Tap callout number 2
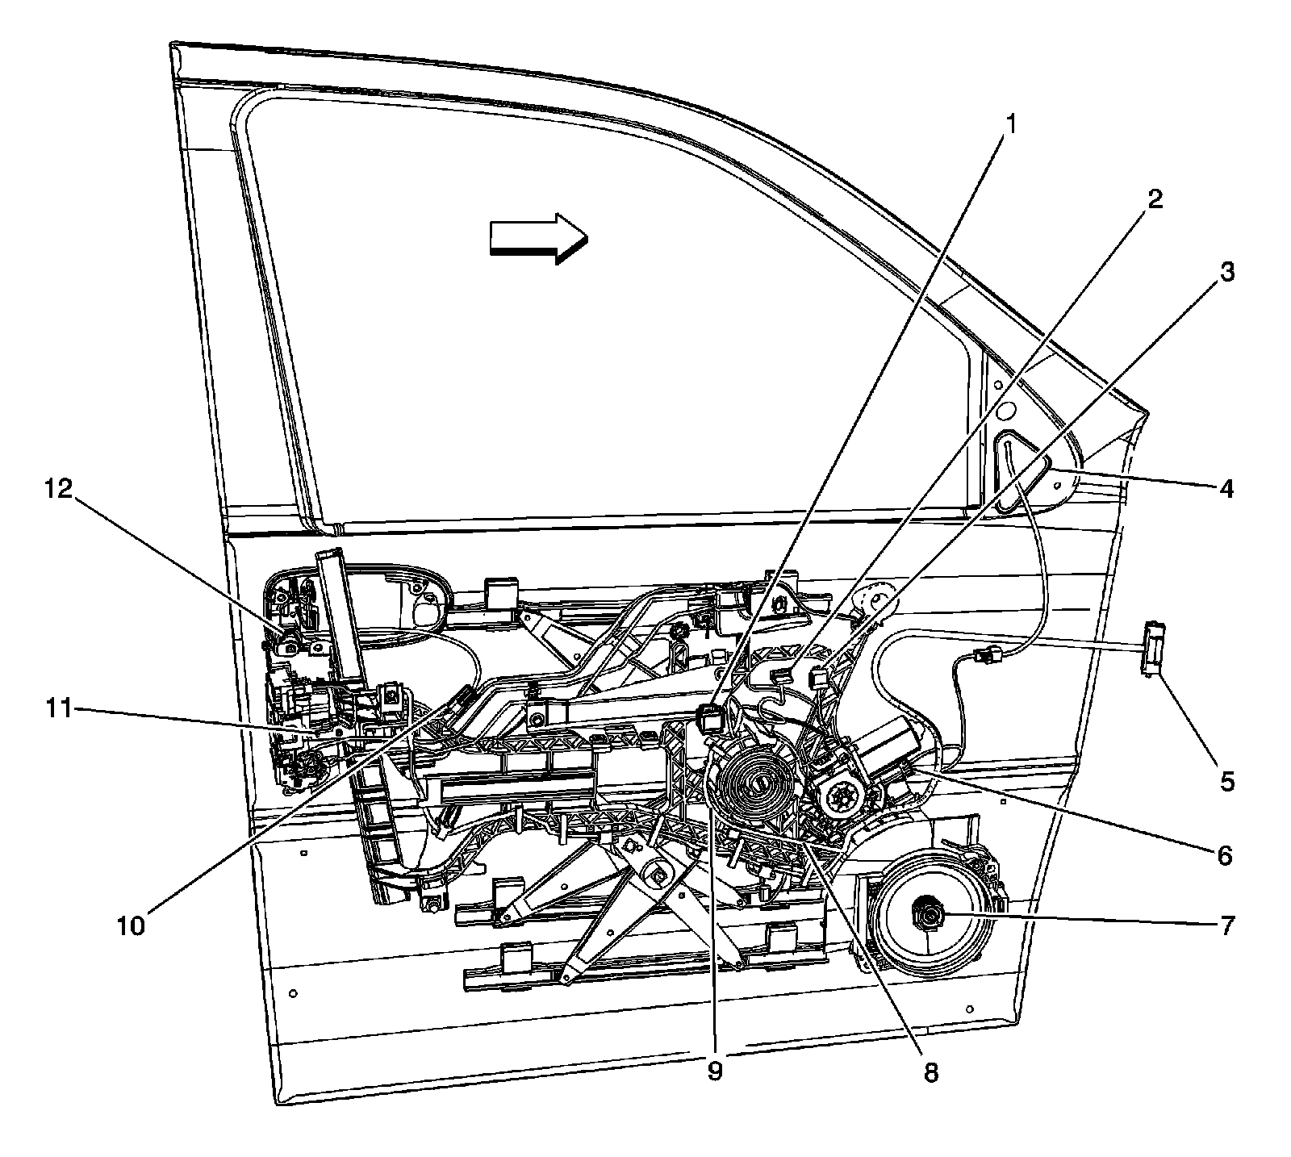[1155, 199]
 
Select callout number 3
[1226, 273]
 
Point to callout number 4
[1226, 488]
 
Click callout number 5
[1226, 781]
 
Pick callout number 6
[1224, 854]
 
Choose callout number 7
[1226, 926]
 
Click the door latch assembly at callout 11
[307, 718]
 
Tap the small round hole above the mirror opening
[1005, 411]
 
